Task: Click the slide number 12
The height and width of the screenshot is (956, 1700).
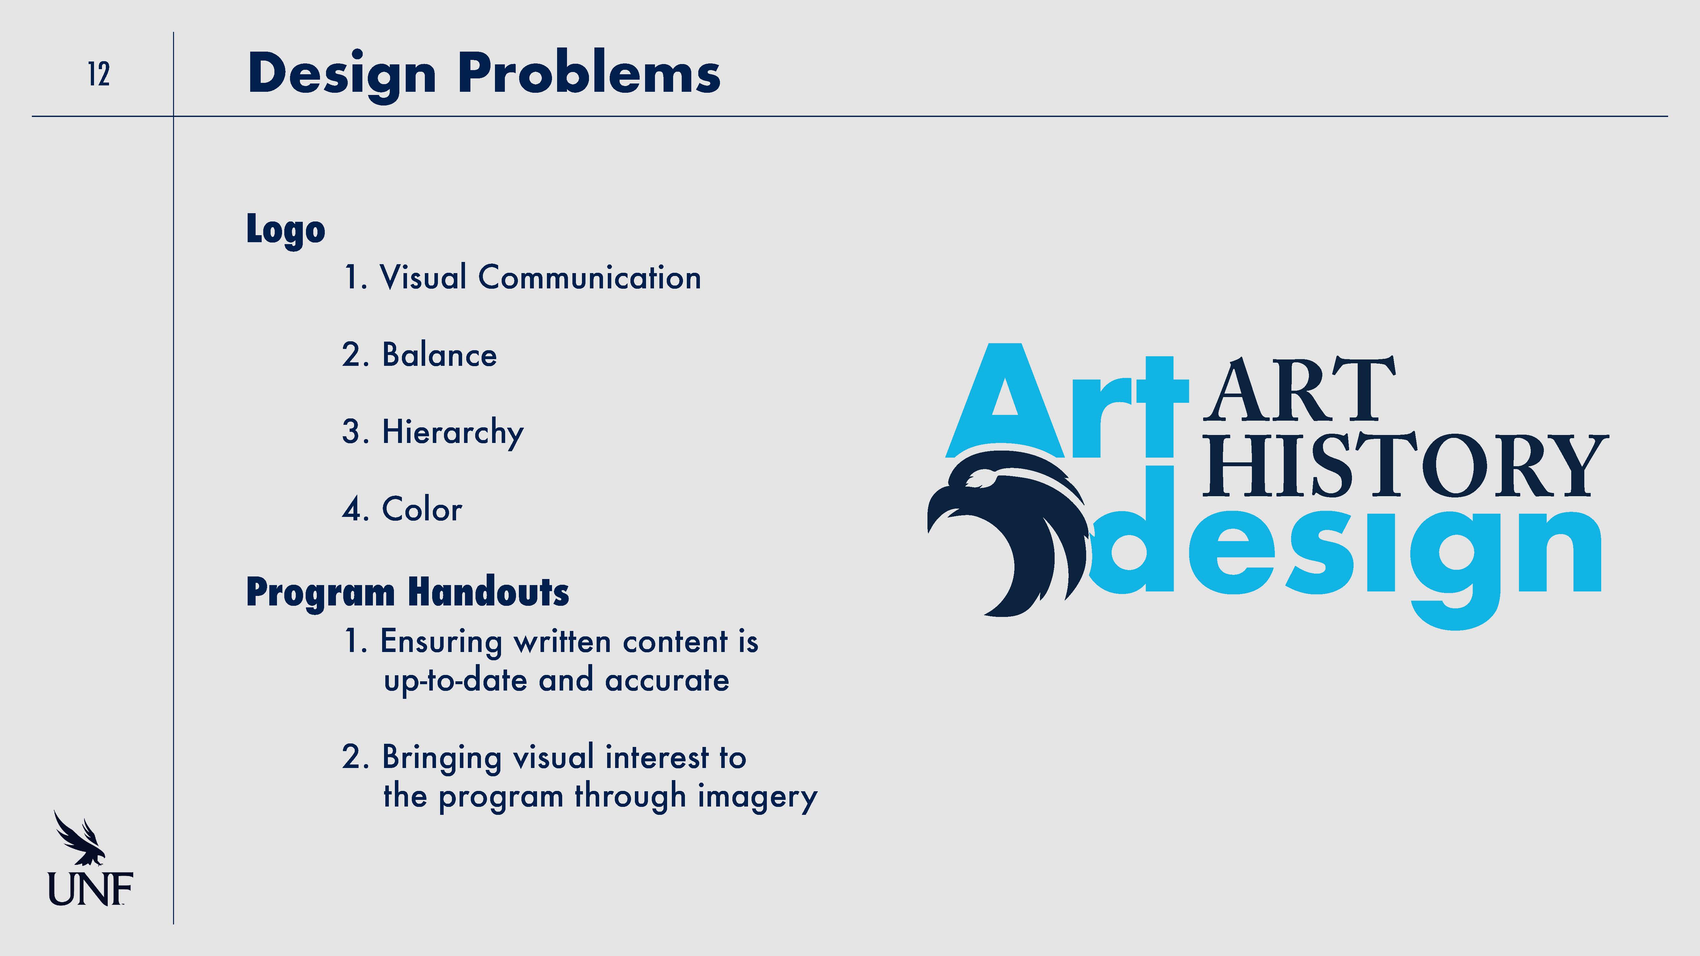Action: tap(99, 74)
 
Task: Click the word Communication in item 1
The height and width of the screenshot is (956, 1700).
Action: tap(589, 277)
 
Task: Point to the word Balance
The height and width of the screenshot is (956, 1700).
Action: tap(440, 355)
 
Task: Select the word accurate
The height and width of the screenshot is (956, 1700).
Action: tap(667, 680)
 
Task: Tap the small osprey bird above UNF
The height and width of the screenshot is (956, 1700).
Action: tap(79, 838)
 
